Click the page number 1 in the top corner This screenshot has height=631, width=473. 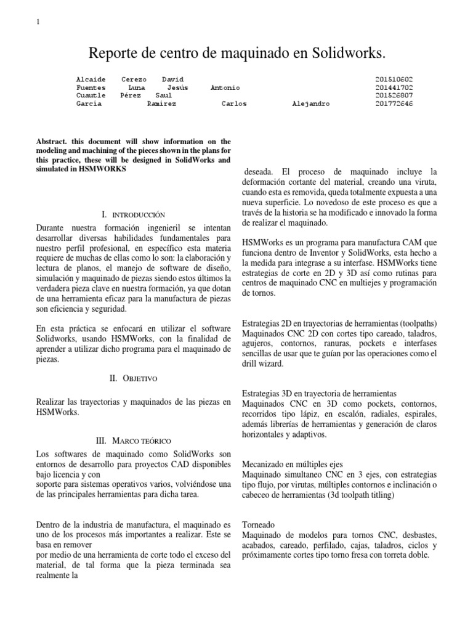[x=38, y=23]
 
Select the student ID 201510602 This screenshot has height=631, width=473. [x=394, y=80]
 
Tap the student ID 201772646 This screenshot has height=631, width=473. [x=394, y=104]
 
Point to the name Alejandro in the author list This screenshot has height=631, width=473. [x=310, y=104]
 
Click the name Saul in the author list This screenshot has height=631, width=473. [x=164, y=96]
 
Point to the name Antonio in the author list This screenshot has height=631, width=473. [x=225, y=88]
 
